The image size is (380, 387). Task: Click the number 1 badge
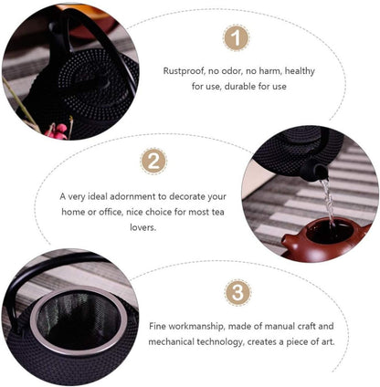tap(237, 38)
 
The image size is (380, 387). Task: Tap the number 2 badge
tap(153, 162)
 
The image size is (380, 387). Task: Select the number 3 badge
tap(237, 293)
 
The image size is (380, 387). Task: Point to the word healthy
tap(300, 71)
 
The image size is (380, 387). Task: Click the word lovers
tap(142, 227)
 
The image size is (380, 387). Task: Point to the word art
tap(328, 341)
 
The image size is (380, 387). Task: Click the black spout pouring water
tap(312, 172)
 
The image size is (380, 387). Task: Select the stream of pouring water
tap(328, 204)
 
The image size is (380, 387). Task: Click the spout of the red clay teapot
tap(288, 240)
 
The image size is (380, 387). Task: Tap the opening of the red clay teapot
tap(330, 232)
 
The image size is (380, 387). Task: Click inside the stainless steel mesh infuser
tap(79, 320)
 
